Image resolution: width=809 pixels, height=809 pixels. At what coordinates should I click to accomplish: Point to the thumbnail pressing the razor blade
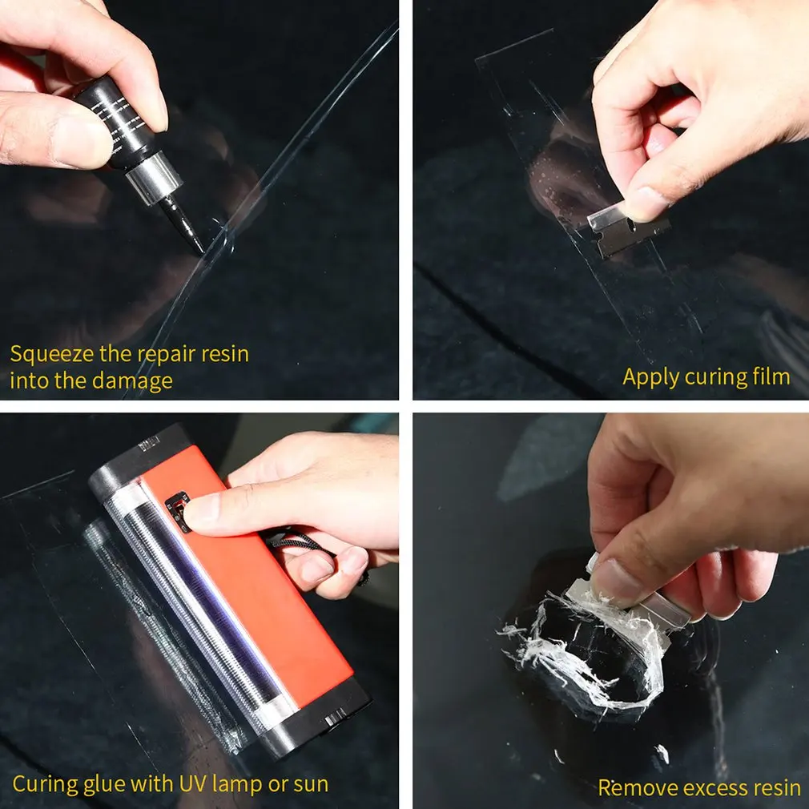(x=645, y=205)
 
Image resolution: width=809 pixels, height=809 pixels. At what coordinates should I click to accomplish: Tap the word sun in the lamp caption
(x=309, y=784)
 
